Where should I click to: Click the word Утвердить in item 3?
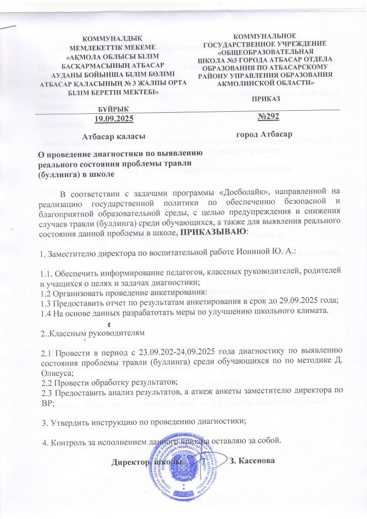(x=70, y=422)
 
